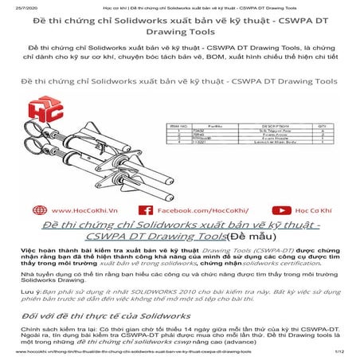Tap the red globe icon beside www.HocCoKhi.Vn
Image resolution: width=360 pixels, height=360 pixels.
pyautogui.click(x=41, y=211)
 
